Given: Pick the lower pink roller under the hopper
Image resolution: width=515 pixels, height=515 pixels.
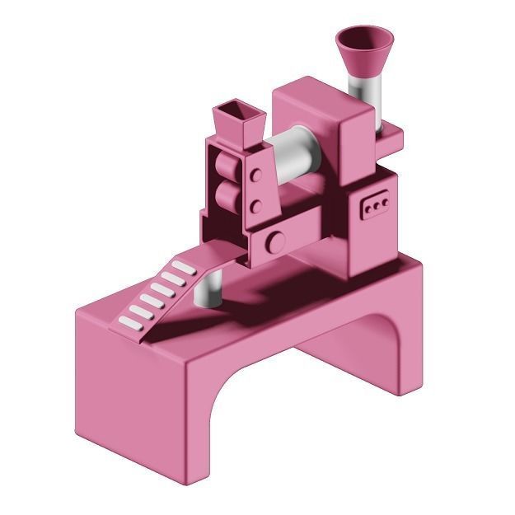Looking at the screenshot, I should click(226, 198).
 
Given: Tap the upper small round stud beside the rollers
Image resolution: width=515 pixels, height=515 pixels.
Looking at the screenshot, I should click(258, 175).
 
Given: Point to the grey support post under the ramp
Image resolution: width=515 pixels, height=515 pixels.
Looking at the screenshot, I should click(211, 289).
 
